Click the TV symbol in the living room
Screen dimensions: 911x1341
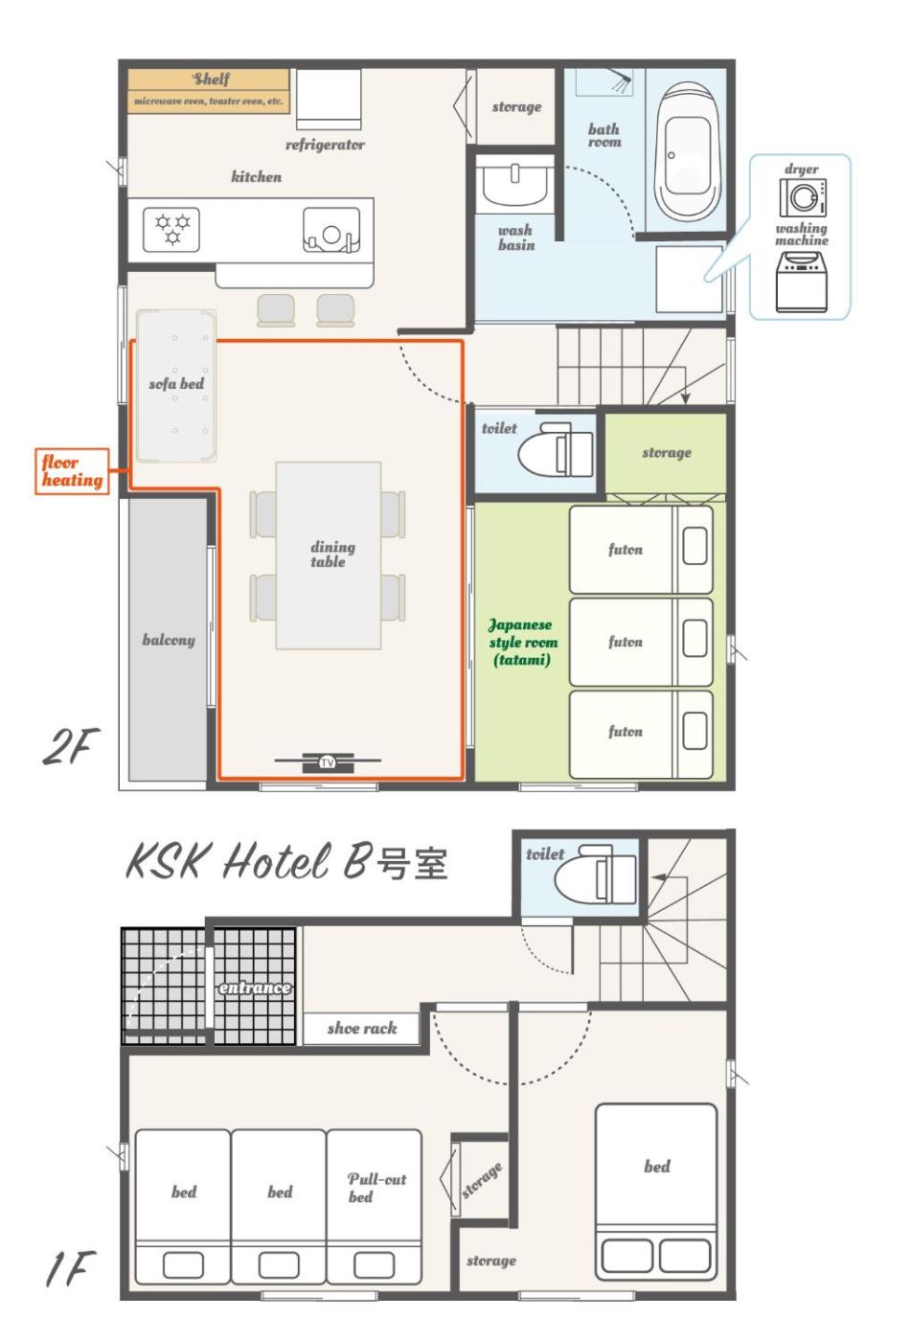[x=327, y=762]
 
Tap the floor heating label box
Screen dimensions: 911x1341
[x=72, y=471]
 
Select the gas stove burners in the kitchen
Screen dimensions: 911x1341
[x=171, y=229]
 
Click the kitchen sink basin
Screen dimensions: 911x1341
[x=331, y=230]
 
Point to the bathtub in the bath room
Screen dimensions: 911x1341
[x=687, y=151]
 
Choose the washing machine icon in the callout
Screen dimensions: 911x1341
[x=802, y=282]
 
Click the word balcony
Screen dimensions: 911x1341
[x=169, y=640]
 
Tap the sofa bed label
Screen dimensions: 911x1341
[x=176, y=384]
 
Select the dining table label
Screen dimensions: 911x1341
[x=332, y=554]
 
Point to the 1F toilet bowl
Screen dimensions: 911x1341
[x=595, y=875]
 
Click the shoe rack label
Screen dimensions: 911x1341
[x=361, y=1028]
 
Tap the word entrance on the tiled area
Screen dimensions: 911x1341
[x=255, y=988]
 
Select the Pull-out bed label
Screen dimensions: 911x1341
[x=376, y=1188]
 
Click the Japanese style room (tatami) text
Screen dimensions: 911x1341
[x=523, y=642]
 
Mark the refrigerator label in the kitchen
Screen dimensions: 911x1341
[x=325, y=145]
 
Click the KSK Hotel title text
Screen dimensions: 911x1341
[x=248, y=861]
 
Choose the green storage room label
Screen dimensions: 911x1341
[x=666, y=452]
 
